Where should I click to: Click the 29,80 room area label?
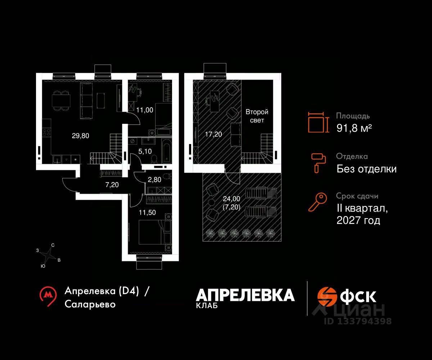coord(80,136)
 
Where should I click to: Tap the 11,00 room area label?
coord(145,111)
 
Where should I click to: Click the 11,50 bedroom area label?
coord(147,212)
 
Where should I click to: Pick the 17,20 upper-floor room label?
coord(213,134)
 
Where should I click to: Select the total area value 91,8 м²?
coord(354,128)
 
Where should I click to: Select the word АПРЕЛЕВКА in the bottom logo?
coord(245,295)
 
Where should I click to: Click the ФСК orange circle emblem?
coord(327,296)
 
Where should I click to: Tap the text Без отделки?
coord(366,169)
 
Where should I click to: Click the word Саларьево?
coord(90,304)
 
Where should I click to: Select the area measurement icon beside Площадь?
coord(319,122)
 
